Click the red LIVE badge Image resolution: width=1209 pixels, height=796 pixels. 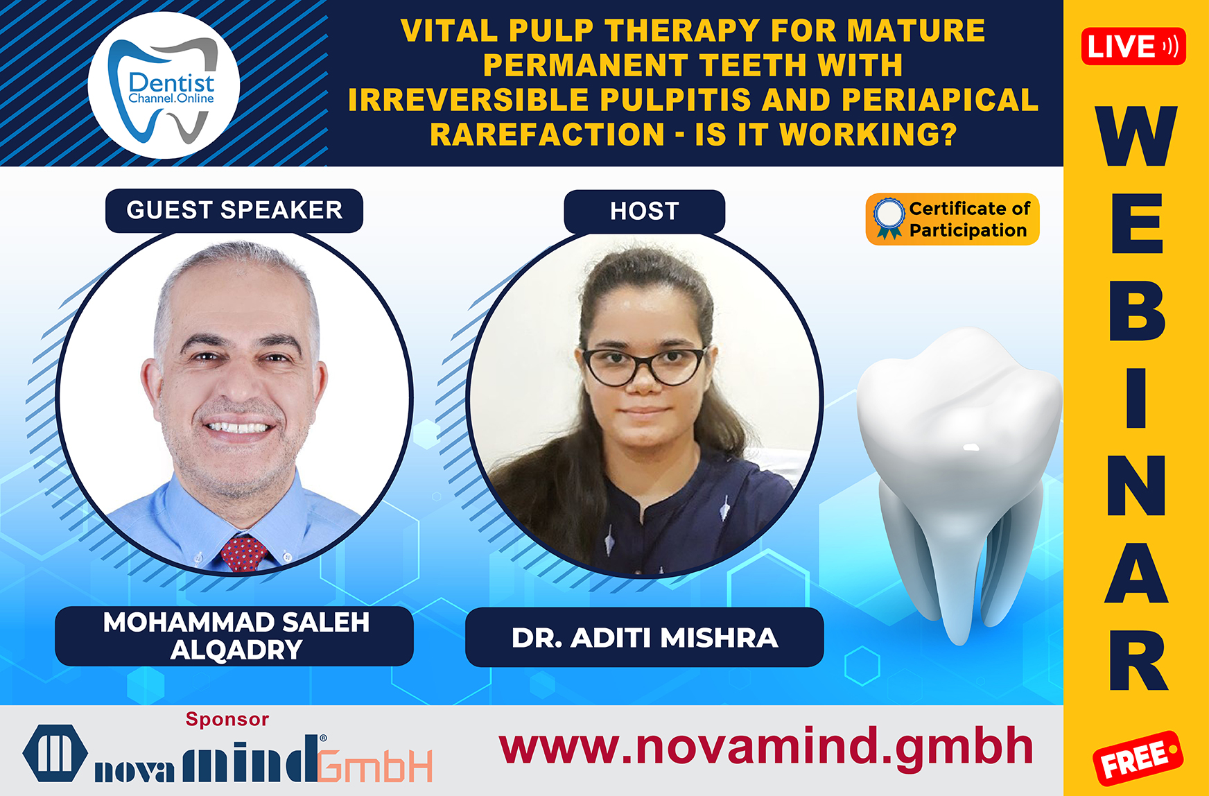[1133, 46]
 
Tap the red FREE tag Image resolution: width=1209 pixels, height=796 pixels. [1138, 758]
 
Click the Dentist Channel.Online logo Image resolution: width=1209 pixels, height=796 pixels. [164, 85]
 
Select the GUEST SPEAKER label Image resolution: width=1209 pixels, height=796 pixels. [234, 210]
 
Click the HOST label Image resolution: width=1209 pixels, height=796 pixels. [645, 211]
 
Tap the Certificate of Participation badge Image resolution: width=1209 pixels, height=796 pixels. [953, 219]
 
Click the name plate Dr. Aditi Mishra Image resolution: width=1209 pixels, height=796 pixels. [645, 637]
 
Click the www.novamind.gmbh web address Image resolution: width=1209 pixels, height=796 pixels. [766, 747]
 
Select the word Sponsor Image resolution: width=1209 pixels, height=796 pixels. [227, 720]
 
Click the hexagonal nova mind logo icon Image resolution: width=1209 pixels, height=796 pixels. [55, 754]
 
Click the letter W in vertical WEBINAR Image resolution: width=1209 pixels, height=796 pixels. [1137, 136]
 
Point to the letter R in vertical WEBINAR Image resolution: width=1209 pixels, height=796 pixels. [1138, 660]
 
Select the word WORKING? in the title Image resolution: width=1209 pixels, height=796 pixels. [869, 134]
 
